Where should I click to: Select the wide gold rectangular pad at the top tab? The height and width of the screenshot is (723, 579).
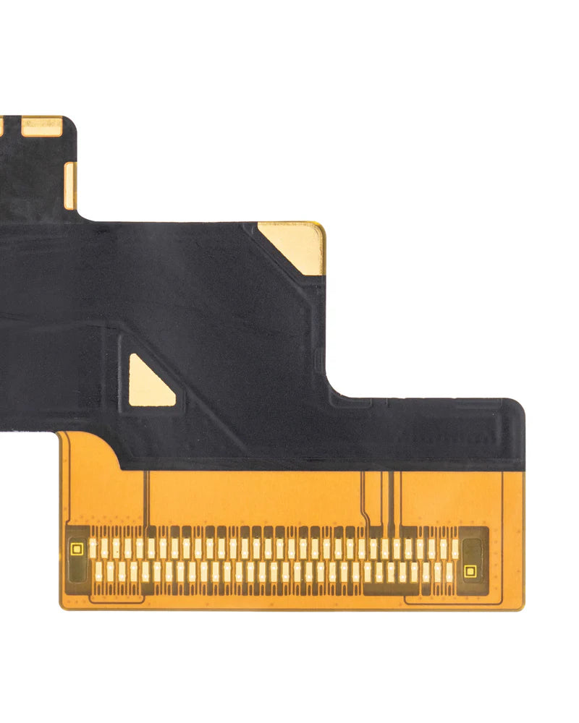click(x=41, y=127)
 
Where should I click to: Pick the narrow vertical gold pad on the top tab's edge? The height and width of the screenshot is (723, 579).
click(x=69, y=186)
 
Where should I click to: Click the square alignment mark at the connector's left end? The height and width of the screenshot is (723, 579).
click(x=77, y=549)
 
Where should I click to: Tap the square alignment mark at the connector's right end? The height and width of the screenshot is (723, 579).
click(x=470, y=571)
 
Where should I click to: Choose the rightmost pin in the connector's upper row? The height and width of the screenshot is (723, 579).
click(x=455, y=547)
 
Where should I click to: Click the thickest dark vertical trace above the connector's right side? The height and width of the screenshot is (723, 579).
click(x=392, y=499)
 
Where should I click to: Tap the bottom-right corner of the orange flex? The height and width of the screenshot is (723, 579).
click(x=520, y=607)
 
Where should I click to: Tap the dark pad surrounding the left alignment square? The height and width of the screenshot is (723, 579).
click(x=77, y=560)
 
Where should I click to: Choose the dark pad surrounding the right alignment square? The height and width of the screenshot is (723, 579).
click(x=473, y=561)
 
